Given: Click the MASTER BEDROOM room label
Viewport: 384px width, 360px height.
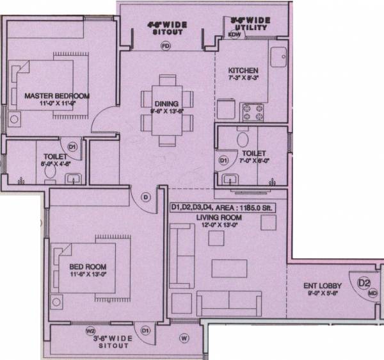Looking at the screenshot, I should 57,95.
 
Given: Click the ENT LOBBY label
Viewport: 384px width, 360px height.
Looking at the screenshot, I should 322,286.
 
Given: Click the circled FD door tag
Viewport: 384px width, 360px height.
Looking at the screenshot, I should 165,46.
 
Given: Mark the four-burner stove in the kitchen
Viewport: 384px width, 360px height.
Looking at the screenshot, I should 253,112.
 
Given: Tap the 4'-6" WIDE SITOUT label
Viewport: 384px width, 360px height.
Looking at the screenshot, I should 166,27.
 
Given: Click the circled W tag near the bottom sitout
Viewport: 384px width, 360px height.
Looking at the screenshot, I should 184,338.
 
